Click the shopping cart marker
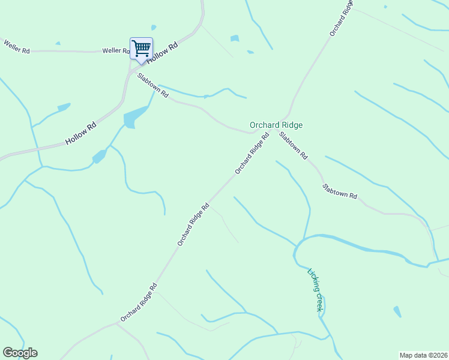[141, 49]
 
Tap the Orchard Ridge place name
[276, 125]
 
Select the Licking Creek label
[316, 289]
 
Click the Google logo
[20, 353]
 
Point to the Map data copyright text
[423, 355]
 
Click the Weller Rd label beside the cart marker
[116, 51]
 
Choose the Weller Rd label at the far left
[17, 47]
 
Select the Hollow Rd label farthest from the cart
[81, 133]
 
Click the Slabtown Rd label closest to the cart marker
[152, 85]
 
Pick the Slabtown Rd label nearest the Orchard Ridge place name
[294, 145]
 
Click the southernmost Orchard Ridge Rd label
[139, 302]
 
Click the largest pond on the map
[134, 116]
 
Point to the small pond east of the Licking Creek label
[397, 311]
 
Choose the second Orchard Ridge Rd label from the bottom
[193, 224]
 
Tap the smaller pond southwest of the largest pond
[99, 157]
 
